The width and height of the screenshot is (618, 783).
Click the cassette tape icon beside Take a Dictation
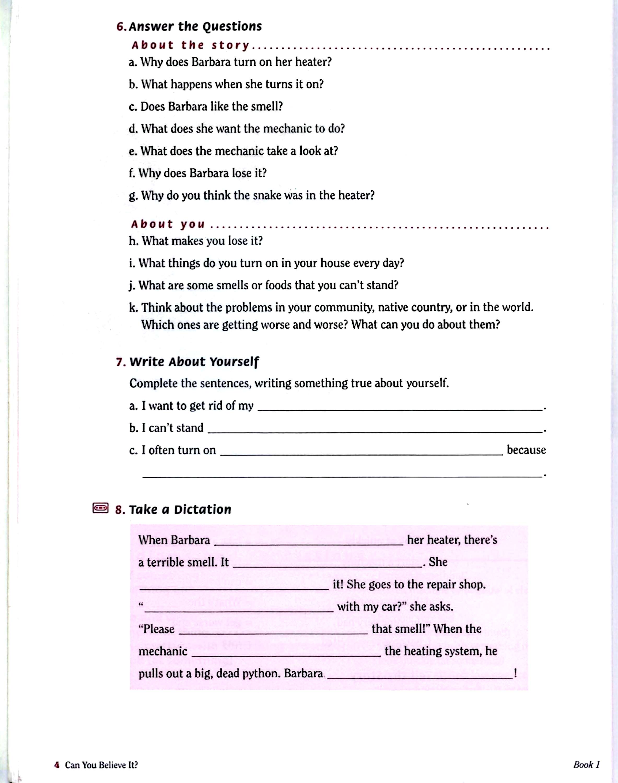100,508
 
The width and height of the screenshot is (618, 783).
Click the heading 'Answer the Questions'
195,26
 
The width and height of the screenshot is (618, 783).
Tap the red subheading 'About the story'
190,45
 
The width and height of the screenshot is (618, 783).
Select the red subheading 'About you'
168,224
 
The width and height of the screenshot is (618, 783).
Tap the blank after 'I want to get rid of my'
400,407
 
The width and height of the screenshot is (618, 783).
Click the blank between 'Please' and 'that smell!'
273,631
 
